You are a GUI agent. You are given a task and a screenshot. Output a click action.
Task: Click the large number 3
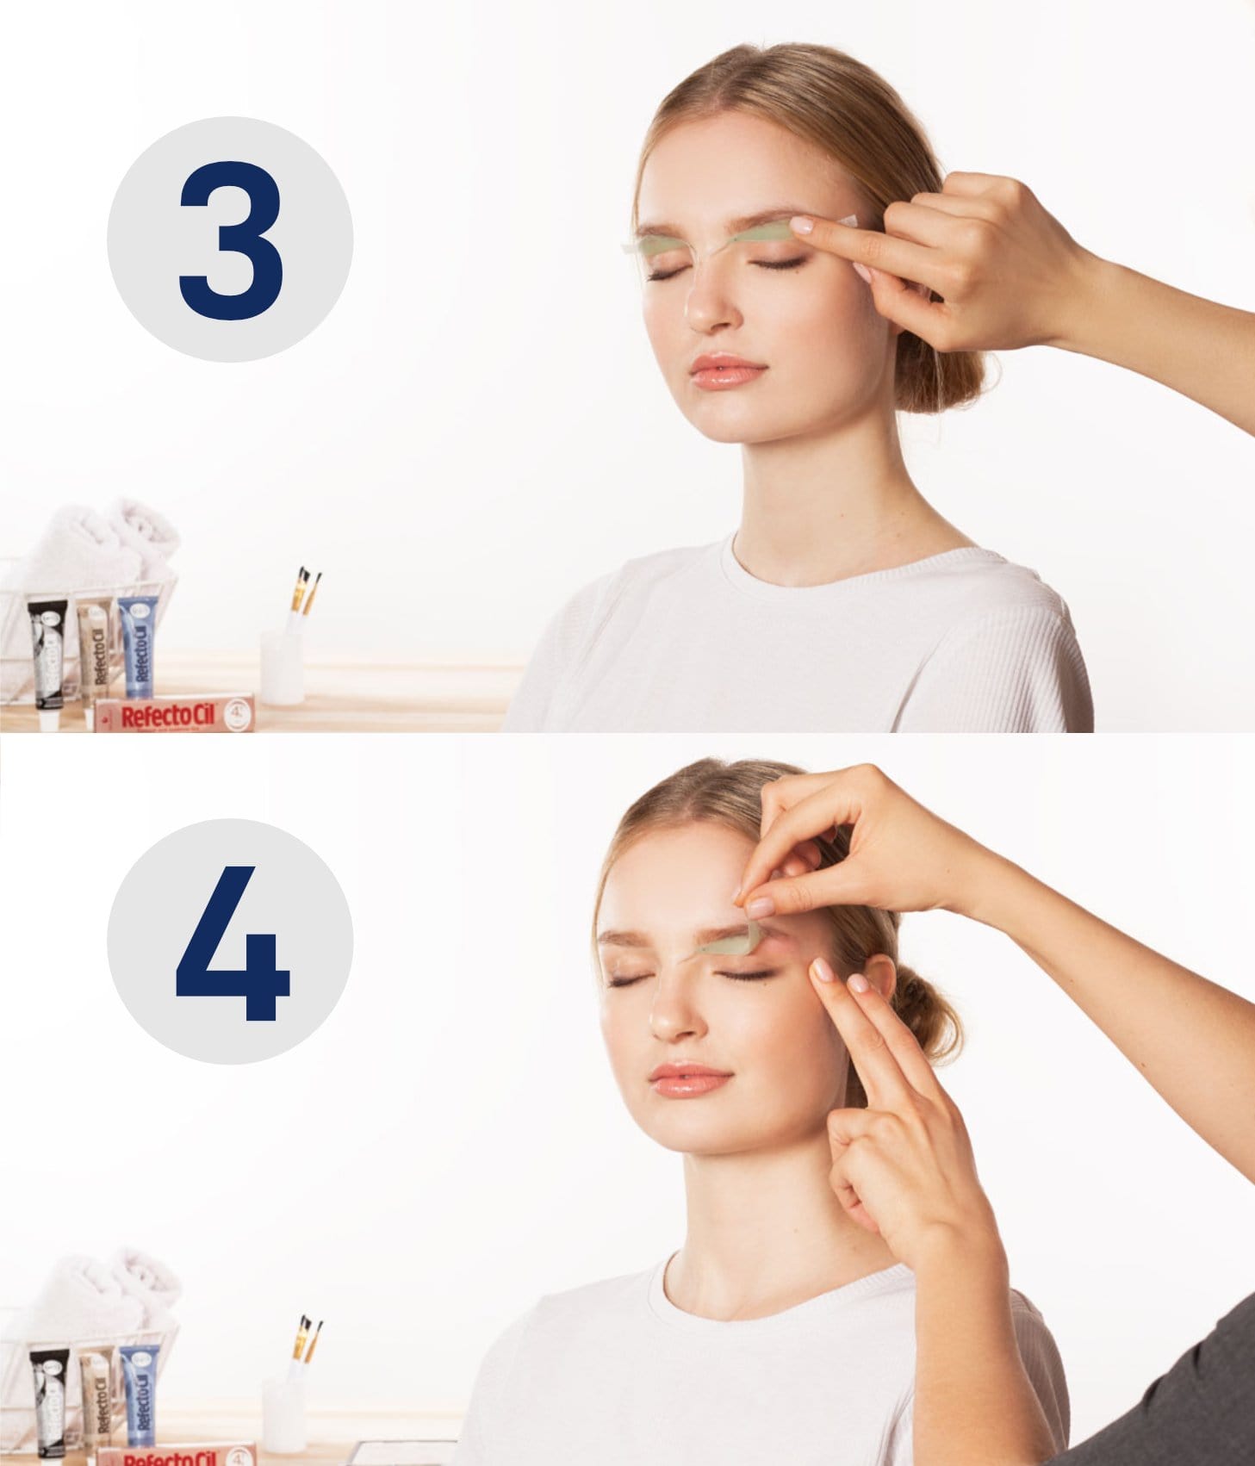click(x=231, y=240)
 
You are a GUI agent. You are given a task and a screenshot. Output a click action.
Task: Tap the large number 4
click(x=231, y=943)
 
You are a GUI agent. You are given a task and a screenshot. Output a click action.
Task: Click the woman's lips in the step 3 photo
click(x=728, y=371)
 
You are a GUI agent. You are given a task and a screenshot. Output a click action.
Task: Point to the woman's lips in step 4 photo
click(x=690, y=1078)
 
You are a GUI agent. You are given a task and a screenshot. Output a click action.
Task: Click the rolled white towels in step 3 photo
click(x=103, y=543)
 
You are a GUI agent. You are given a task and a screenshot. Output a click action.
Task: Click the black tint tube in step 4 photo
click(x=50, y=1400)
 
